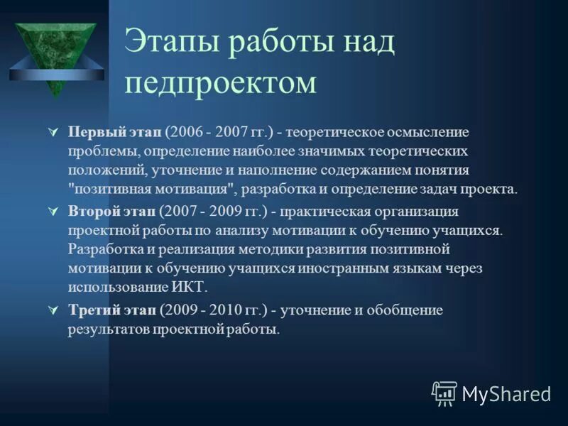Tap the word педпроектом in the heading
point(220,82)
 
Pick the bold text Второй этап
point(112,212)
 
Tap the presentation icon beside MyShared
point(444,393)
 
